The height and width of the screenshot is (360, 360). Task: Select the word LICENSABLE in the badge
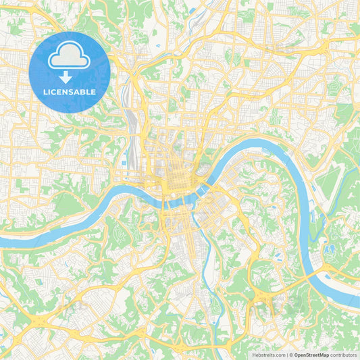pyautogui.click(x=70, y=91)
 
